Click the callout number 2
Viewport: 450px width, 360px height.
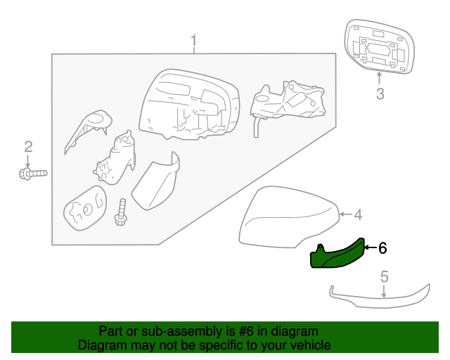28,146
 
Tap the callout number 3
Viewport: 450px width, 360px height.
380,94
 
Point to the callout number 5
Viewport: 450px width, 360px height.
384,276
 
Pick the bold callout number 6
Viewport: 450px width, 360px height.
382,247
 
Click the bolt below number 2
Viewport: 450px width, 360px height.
33,172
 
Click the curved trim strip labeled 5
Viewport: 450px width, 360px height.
380,301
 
